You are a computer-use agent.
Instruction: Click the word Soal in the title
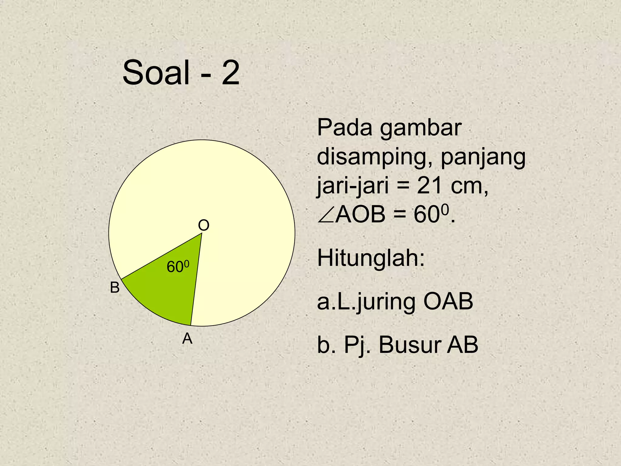[156, 73]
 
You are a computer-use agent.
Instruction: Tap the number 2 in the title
[230, 73]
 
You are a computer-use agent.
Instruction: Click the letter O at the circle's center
[203, 225]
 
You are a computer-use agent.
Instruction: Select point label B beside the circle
[115, 287]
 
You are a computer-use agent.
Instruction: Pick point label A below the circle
[187, 339]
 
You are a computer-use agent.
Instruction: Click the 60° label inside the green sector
[178, 267]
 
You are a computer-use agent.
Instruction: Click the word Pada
[344, 128]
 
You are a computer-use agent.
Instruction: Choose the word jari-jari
[353, 186]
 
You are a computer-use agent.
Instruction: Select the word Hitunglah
[371, 258]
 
